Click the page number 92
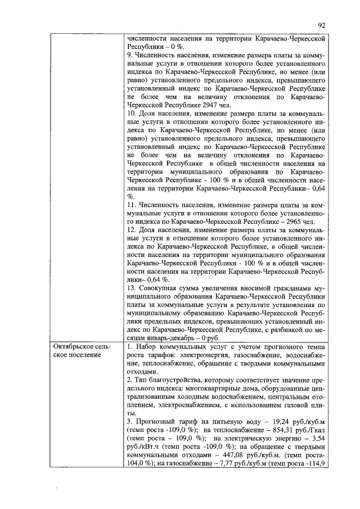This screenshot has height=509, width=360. [x=322, y=25]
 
